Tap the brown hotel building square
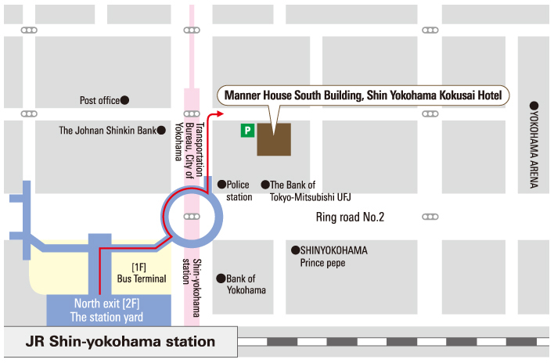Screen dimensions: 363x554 click(274, 138)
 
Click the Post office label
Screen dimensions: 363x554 click(99, 100)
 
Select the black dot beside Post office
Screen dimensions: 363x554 click(124, 100)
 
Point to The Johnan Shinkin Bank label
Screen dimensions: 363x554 click(108, 131)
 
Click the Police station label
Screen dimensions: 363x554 click(239, 191)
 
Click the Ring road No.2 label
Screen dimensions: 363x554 click(350, 217)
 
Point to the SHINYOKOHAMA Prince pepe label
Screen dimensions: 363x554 click(333, 257)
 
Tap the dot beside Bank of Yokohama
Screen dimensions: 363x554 click(221, 278)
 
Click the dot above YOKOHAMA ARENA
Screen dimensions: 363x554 click(534, 106)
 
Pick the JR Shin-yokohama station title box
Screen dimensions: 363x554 click(121, 341)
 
